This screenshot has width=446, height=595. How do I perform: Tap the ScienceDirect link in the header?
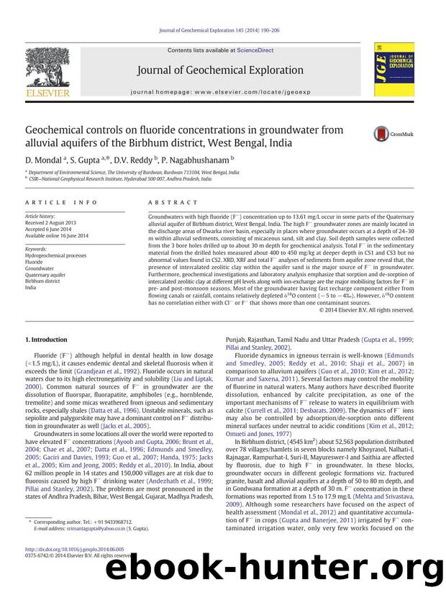pyautogui.click(x=255, y=50)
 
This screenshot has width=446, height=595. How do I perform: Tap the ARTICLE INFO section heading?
pyautogui.click(x=52, y=204)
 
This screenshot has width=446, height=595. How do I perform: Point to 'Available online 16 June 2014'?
pyautogui.click(x=57, y=235)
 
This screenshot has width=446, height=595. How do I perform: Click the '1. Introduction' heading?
pyautogui.click(x=47, y=339)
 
